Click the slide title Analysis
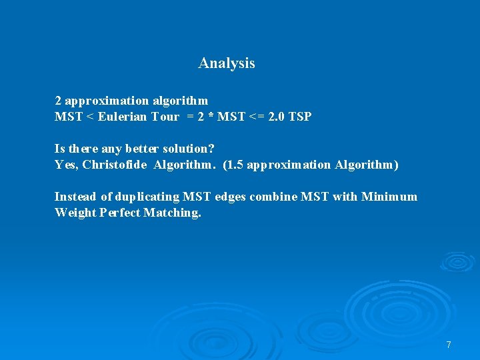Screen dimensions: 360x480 tap(227, 63)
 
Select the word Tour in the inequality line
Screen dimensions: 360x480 tap(165, 117)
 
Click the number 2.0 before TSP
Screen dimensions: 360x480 tap(275, 117)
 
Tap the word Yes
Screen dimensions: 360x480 tap(67, 164)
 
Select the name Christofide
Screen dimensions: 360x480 tap(115, 164)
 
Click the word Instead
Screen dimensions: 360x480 tap(75, 197)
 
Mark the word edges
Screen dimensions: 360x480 tap(229, 197)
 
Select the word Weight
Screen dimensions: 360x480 tap(75, 213)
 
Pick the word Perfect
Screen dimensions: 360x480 tap(119, 213)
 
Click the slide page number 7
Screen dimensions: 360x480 tap(449, 345)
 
